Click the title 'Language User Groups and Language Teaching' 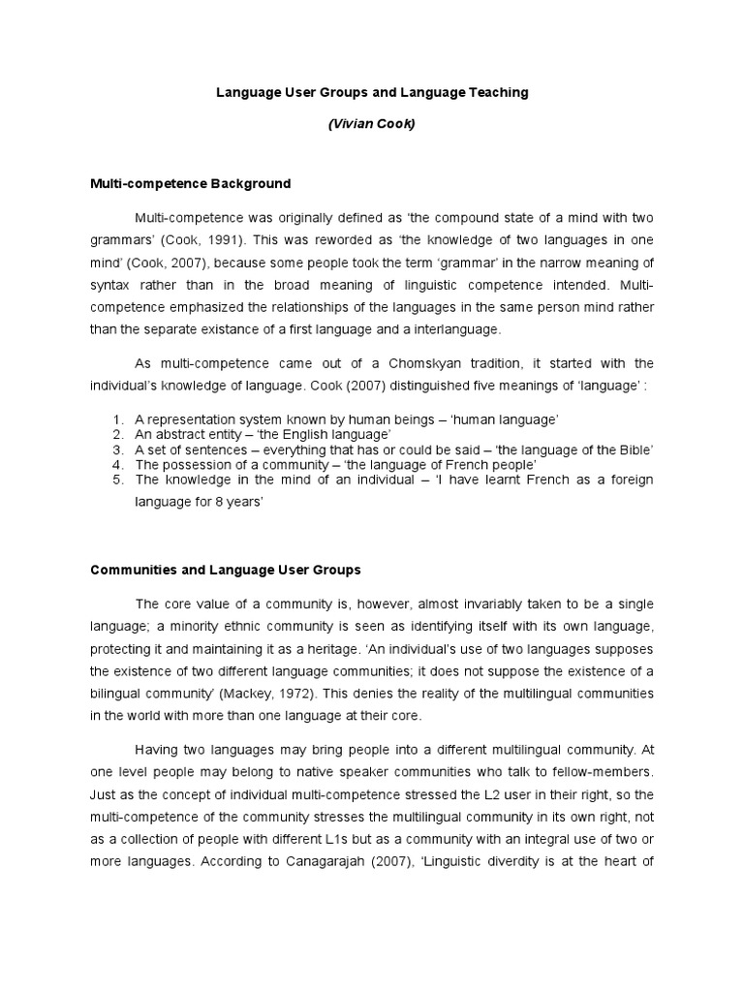pyautogui.click(x=371, y=93)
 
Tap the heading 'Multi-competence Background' pyautogui.click(x=190, y=183)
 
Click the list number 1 pyautogui.click(x=116, y=418)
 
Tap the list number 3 pyautogui.click(x=116, y=449)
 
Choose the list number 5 pyautogui.click(x=116, y=480)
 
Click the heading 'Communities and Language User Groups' pyautogui.click(x=225, y=571)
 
